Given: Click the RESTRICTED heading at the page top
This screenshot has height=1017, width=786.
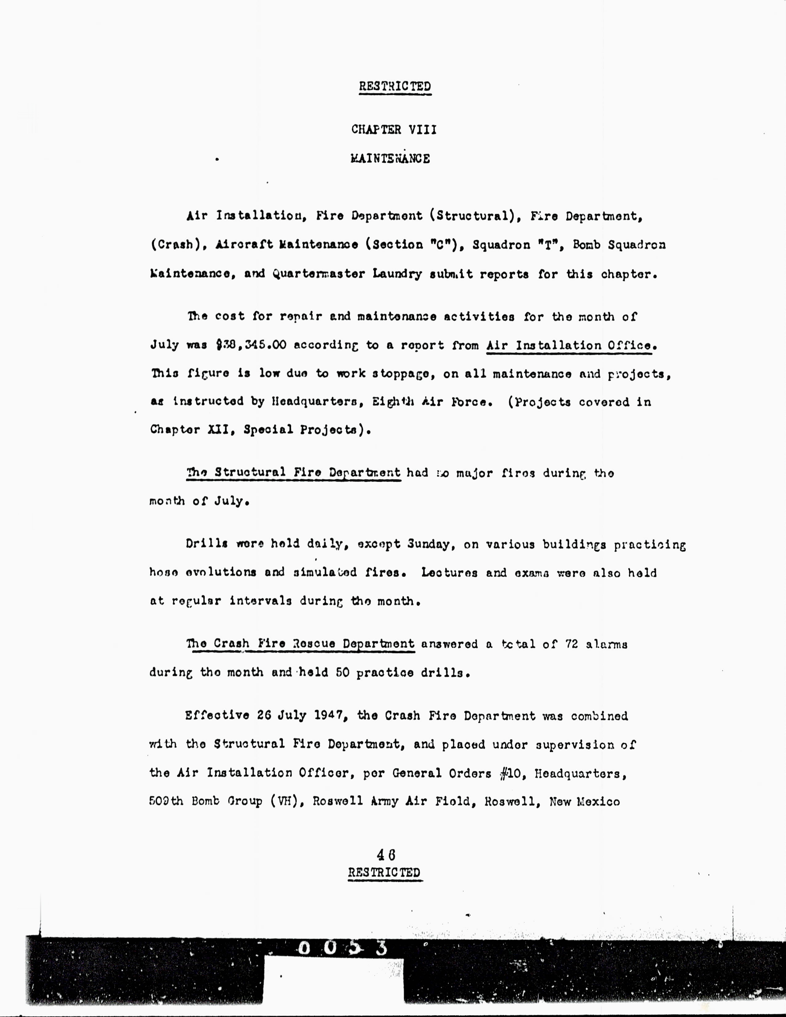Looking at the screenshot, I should [395, 87].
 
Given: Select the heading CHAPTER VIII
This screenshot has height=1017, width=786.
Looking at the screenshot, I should [394, 129].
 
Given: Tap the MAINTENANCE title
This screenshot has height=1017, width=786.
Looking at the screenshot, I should [390, 159].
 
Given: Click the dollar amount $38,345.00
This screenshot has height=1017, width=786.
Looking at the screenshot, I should [252, 345].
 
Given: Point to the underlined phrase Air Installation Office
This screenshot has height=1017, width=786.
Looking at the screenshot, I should [569, 345].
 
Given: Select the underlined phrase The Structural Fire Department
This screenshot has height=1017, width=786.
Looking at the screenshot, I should [293, 473].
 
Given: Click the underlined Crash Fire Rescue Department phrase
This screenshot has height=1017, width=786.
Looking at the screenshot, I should [300, 644].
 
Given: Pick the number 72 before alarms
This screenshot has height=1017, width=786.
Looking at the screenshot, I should [571, 644].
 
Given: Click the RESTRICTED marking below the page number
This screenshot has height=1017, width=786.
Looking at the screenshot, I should [385, 873].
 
